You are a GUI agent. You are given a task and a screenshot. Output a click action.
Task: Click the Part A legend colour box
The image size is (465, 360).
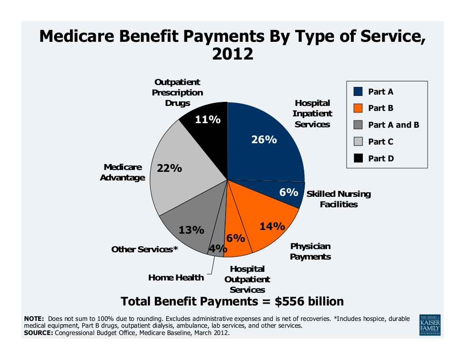(x=358, y=92)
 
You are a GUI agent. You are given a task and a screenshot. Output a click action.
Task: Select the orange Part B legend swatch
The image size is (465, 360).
(x=358, y=108)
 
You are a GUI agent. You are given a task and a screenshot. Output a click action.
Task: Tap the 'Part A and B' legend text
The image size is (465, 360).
(x=393, y=125)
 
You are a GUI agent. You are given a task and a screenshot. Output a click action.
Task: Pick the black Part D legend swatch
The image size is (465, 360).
(x=358, y=158)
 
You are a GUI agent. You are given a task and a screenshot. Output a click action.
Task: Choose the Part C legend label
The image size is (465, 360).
(x=381, y=141)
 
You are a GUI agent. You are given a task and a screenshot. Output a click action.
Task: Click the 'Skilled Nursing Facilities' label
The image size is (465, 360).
(x=339, y=199)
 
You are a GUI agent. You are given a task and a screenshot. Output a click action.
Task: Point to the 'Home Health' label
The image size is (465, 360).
(x=176, y=277)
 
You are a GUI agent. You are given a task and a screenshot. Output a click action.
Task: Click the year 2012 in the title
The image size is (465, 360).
(x=232, y=54)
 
